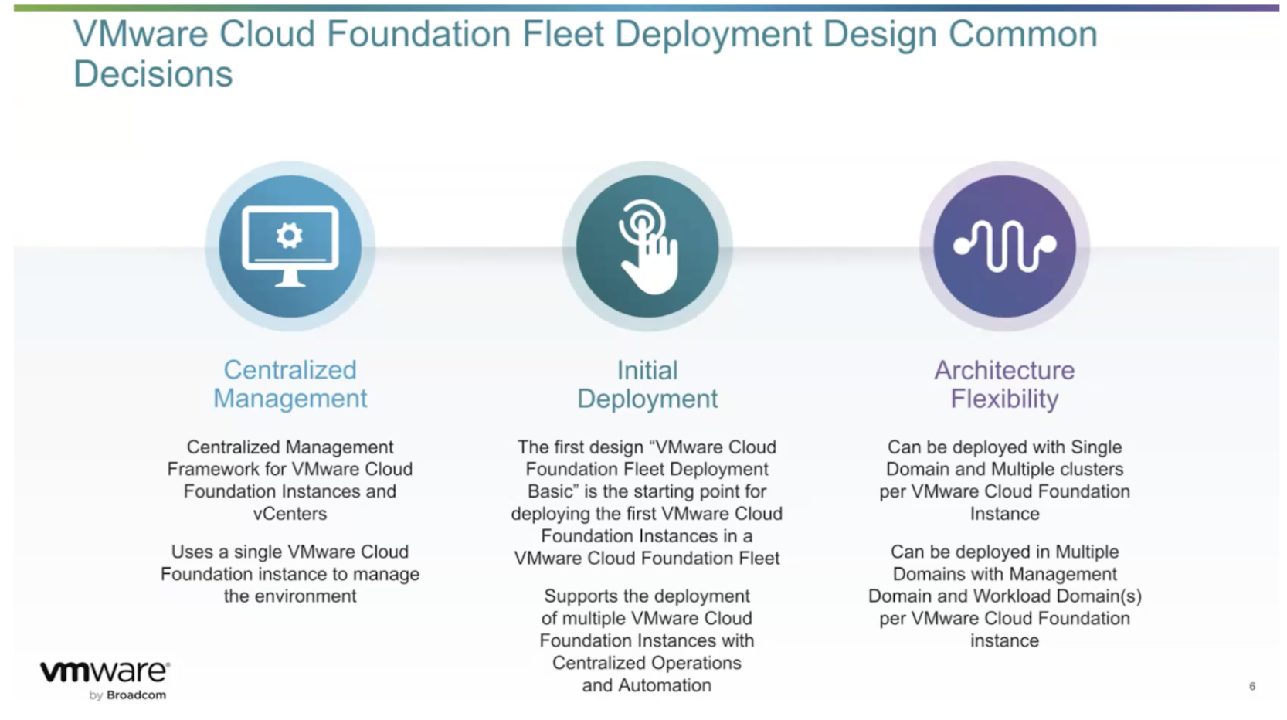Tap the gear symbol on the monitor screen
(289, 235)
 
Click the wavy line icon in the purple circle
(1004, 246)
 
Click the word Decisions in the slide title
(153, 74)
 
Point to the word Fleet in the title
(563, 33)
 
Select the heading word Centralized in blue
(290, 370)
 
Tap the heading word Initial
(647, 370)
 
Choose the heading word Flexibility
(1004, 399)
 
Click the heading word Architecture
(1004, 370)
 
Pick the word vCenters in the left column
(290, 513)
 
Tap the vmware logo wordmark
(104, 672)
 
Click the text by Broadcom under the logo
(127, 695)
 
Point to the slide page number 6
(1252, 686)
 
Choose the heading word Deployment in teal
(647, 399)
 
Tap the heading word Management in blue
(290, 399)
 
